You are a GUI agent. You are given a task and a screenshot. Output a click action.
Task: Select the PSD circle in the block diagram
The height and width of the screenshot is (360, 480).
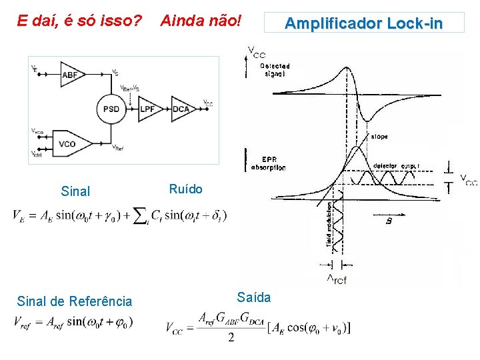click(111, 109)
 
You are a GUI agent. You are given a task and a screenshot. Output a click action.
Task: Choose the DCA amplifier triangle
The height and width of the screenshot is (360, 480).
click(182, 109)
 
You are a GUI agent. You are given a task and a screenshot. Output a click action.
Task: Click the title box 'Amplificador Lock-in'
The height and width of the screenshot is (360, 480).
click(363, 24)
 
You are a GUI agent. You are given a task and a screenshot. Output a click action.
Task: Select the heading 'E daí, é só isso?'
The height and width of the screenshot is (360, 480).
click(79, 21)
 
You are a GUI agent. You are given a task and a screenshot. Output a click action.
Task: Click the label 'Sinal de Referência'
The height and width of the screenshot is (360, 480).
click(74, 301)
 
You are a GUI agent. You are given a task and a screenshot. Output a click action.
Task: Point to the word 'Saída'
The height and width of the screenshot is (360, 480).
click(253, 297)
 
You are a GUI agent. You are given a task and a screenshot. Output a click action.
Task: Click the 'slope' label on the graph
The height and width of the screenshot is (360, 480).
click(379, 137)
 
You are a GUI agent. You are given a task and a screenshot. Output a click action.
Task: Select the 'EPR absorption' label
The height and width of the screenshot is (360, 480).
click(269, 163)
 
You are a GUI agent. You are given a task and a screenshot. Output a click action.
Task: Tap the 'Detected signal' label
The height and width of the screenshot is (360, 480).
click(274, 70)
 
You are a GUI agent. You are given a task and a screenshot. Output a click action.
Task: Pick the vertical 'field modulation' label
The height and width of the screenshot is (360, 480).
click(329, 223)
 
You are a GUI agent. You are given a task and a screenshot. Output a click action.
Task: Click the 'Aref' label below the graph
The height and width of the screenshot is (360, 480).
click(337, 279)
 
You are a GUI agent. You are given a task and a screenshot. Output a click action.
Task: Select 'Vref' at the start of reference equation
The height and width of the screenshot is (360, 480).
click(25, 323)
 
